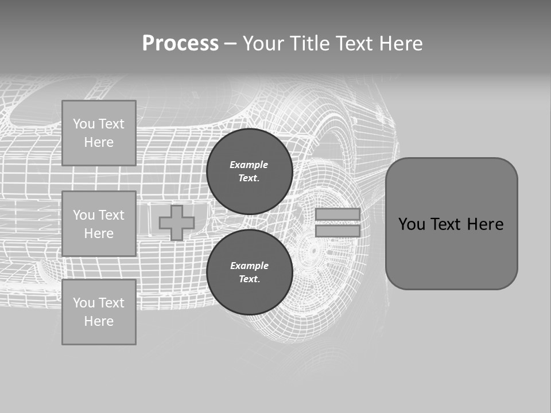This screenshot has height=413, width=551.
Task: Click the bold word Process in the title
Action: tap(180, 44)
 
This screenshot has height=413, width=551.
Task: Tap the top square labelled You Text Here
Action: tap(99, 133)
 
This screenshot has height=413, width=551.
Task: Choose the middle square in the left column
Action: tap(99, 224)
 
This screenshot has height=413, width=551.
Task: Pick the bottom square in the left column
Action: tap(99, 312)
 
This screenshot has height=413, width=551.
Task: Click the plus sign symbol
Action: tap(176, 223)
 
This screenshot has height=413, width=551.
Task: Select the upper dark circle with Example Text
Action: tap(249, 172)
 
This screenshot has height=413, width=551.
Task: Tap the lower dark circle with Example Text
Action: tap(249, 272)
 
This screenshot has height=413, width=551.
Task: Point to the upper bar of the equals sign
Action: tap(337, 215)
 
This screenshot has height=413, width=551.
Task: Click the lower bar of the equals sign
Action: tap(337, 231)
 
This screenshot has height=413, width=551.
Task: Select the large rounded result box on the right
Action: tap(451, 224)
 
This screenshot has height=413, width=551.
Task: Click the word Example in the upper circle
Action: tap(249, 165)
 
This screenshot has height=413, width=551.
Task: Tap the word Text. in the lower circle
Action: tap(249, 279)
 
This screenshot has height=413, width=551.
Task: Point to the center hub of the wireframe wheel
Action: tap(313, 251)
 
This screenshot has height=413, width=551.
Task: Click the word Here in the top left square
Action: tap(99, 142)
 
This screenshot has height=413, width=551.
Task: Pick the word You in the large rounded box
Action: tap(411, 224)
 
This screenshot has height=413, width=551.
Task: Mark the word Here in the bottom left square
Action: tap(99, 321)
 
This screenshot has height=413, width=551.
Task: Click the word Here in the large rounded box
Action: tap(485, 224)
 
